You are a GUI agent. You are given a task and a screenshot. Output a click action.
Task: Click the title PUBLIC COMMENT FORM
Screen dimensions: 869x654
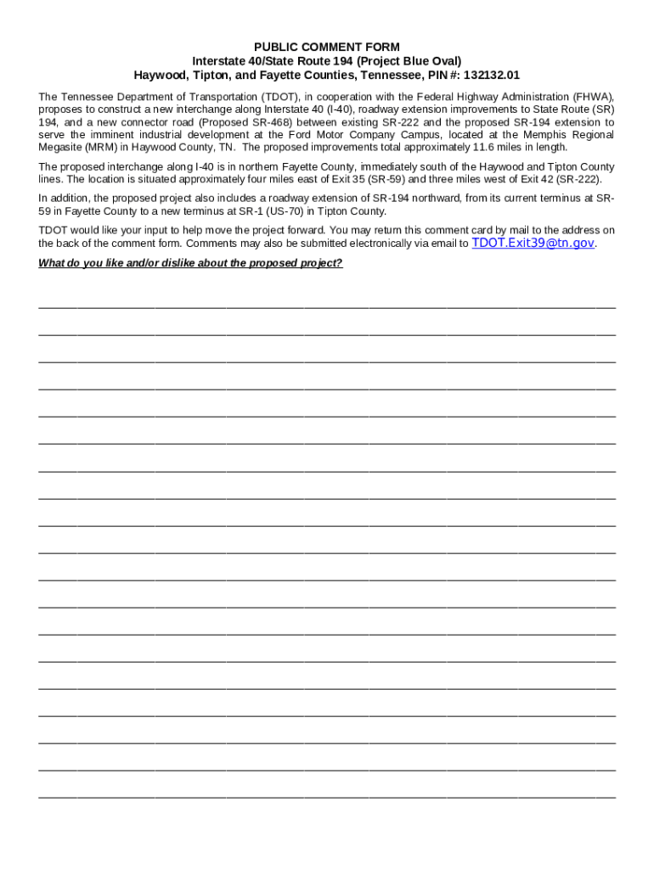pos(327,48)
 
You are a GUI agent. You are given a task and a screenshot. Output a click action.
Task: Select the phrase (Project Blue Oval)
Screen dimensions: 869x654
pos(411,61)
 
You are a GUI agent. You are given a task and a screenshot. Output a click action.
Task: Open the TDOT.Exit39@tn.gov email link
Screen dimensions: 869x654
pos(533,243)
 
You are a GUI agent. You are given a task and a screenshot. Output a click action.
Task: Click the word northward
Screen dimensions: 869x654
pos(425,198)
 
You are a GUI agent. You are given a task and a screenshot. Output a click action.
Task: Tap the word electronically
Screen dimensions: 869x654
pos(313,244)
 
